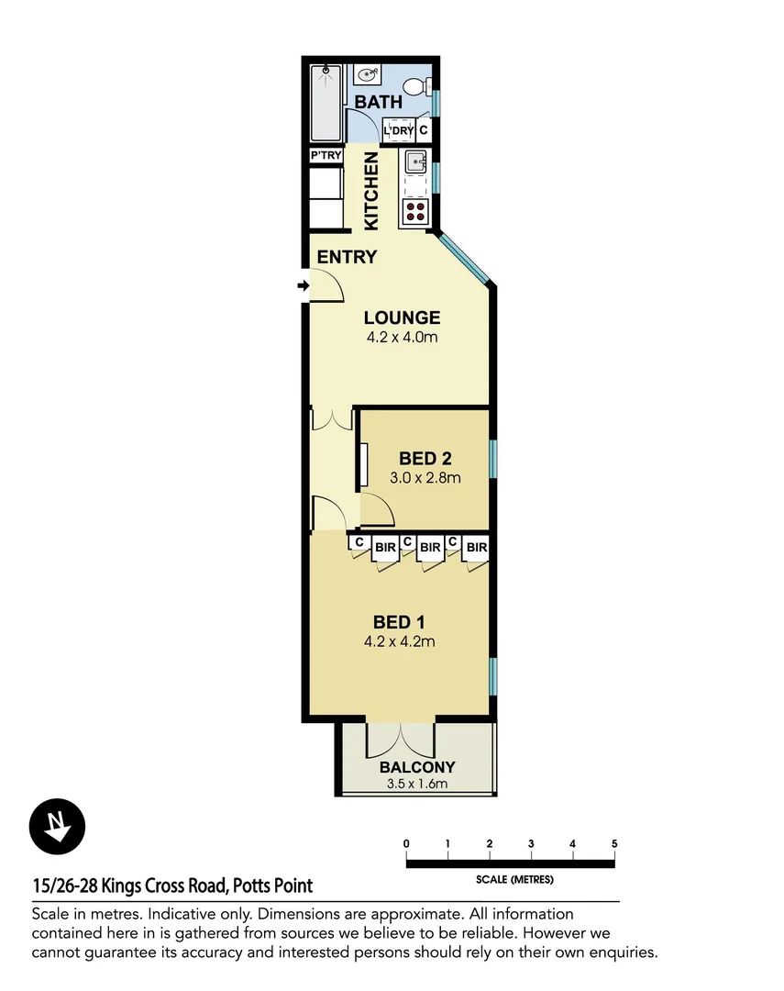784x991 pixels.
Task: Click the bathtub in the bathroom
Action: click(x=325, y=100)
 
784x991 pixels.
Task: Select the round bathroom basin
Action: click(x=368, y=76)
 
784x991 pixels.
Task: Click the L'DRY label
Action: click(x=399, y=131)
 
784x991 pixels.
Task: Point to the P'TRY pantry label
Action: click(x=326, y=156)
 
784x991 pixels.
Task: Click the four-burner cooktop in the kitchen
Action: click(x=414, y=211)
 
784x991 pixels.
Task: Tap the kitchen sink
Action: click(x=415, y=163)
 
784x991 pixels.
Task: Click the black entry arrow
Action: click(x=303, y=287)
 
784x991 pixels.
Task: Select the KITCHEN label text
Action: click(x=371, y=191)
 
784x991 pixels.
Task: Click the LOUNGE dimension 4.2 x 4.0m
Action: click(x=402, y=338)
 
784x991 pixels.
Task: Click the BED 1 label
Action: click(x=399, y=623)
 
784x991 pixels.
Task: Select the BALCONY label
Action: click(x=417, y=767)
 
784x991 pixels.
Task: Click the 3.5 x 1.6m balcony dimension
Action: click(x=417, y=784)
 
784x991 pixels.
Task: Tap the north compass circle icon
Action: click(x=57, y=827)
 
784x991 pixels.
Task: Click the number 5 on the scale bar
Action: click(x=614, y=843)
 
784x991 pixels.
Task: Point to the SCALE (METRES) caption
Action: click(x=514, y=879)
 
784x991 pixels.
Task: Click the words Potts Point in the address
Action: click(x=272, y=885)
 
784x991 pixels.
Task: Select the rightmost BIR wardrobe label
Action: click(x=476, y=548)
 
